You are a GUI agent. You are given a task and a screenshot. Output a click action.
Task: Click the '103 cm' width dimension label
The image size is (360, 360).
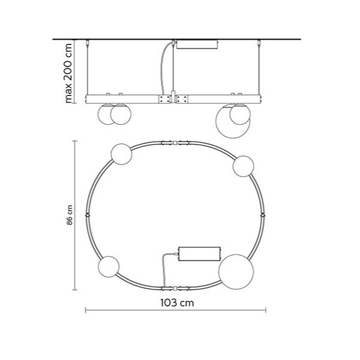coord(177,302)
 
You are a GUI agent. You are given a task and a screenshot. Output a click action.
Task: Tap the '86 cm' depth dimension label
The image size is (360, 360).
coord(70,215)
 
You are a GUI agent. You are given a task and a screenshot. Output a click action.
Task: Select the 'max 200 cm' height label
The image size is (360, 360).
coord(68,73)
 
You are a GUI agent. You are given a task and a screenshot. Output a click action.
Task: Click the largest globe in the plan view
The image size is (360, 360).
coord(236,272)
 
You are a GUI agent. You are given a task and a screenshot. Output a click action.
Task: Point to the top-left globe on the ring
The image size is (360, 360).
coord(121,154)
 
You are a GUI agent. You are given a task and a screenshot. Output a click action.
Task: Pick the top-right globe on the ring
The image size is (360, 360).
coord(243,166)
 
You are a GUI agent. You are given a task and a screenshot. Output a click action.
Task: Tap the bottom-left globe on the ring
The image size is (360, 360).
coord(109,266)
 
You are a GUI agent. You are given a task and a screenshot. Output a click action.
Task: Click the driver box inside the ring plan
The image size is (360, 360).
coord(199,254)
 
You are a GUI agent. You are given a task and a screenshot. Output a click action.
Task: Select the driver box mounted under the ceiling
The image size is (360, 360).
coord(197,44)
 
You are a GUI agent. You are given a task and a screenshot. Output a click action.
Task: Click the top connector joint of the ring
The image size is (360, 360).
coord(175,143)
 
